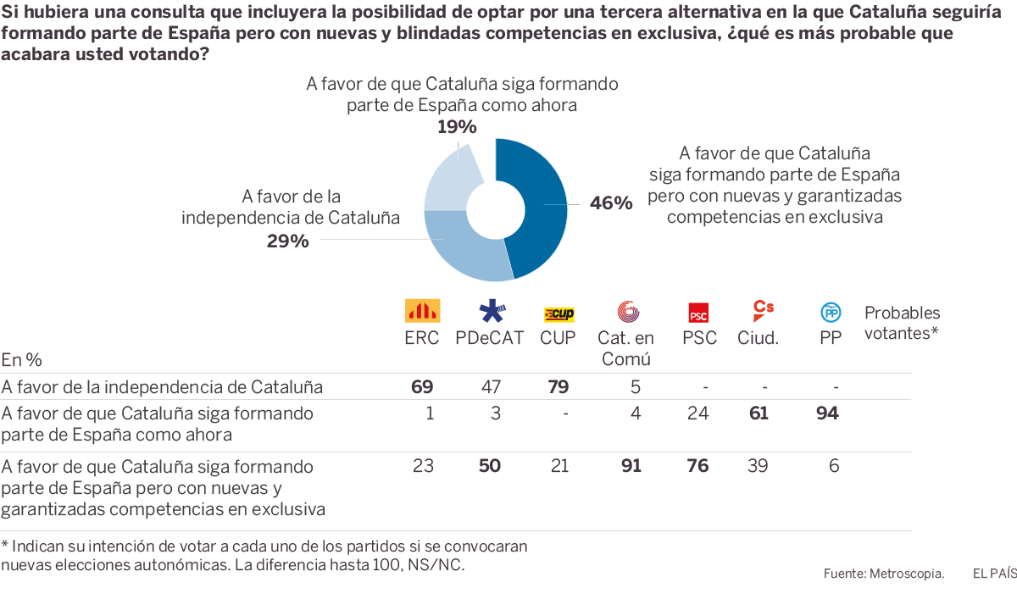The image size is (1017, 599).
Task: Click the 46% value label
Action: click(x=611, y=203)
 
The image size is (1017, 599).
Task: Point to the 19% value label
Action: click(x=457, y=127)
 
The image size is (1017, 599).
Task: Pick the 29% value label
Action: click(x=287, y=241)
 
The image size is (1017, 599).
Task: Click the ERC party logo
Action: click(x=422, y=311)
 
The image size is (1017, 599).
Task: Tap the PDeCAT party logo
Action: click(x=492, y=311)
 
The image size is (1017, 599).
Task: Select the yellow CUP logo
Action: click(x=559, y=314)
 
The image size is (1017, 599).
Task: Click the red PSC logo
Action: click(x=698, y=313)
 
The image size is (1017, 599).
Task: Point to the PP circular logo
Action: click(x=831, y=313)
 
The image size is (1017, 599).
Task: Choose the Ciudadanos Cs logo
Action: click(x=763, y=310)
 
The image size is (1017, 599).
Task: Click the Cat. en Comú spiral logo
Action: click(x=628, y=312)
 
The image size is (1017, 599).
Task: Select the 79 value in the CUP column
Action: click(x=558, y=387)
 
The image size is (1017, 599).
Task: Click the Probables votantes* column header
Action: click(x=902, y=323)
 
